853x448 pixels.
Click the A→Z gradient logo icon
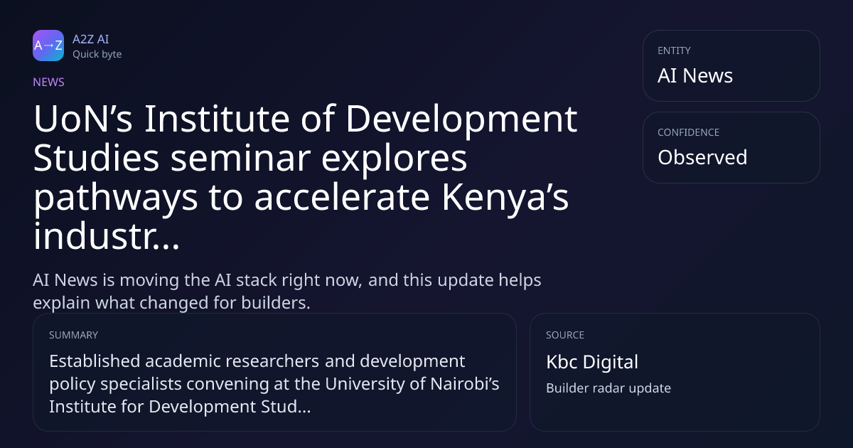tap(48, 46)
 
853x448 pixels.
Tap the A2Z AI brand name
tap(91, 39)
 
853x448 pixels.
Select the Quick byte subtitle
tap(97, 55)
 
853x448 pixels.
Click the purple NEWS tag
tap(49, 82)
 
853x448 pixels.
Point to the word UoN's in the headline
tap(83, 119)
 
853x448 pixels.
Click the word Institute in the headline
tap(217, 119)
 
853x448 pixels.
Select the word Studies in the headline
tap(97, 158)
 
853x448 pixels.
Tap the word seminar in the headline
tap(241, 158)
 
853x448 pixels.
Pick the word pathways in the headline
tap(116, 198)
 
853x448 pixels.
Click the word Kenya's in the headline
tap(505, 197)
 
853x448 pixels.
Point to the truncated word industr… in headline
tap(106, 236)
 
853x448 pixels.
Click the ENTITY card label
tap(674, 50)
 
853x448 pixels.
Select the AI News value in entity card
tap(695, 75)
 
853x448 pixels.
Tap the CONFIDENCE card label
tap(689, 132)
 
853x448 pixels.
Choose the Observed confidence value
tap(702, 157)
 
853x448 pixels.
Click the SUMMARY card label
tap(73, 335)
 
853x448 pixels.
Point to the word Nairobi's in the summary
tap(465, 383)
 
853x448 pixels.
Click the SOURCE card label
tap(565, 335)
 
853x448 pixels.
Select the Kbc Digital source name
tap(592, 362)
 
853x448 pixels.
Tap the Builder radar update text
tap(608, 388)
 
